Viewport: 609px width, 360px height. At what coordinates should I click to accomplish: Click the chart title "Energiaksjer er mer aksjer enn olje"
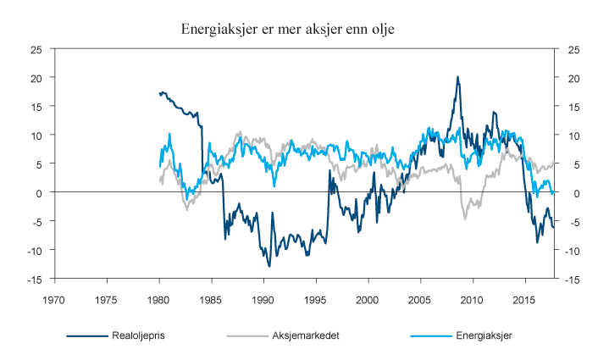tap(287, 29)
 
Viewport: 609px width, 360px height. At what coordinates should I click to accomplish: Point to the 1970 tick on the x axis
tap(55, 298)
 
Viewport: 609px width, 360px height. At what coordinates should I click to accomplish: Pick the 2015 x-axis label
tap(524, 298)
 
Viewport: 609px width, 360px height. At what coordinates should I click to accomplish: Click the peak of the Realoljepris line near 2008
tap(457, 77)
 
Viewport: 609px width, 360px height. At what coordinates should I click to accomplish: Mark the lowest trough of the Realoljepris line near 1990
tap(269, 266)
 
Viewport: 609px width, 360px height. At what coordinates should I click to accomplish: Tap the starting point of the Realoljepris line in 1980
tap(159, 93)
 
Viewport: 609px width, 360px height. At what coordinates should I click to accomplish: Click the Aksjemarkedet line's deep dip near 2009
tap(465, 219)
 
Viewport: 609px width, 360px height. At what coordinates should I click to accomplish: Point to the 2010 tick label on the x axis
tap(472, 298)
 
